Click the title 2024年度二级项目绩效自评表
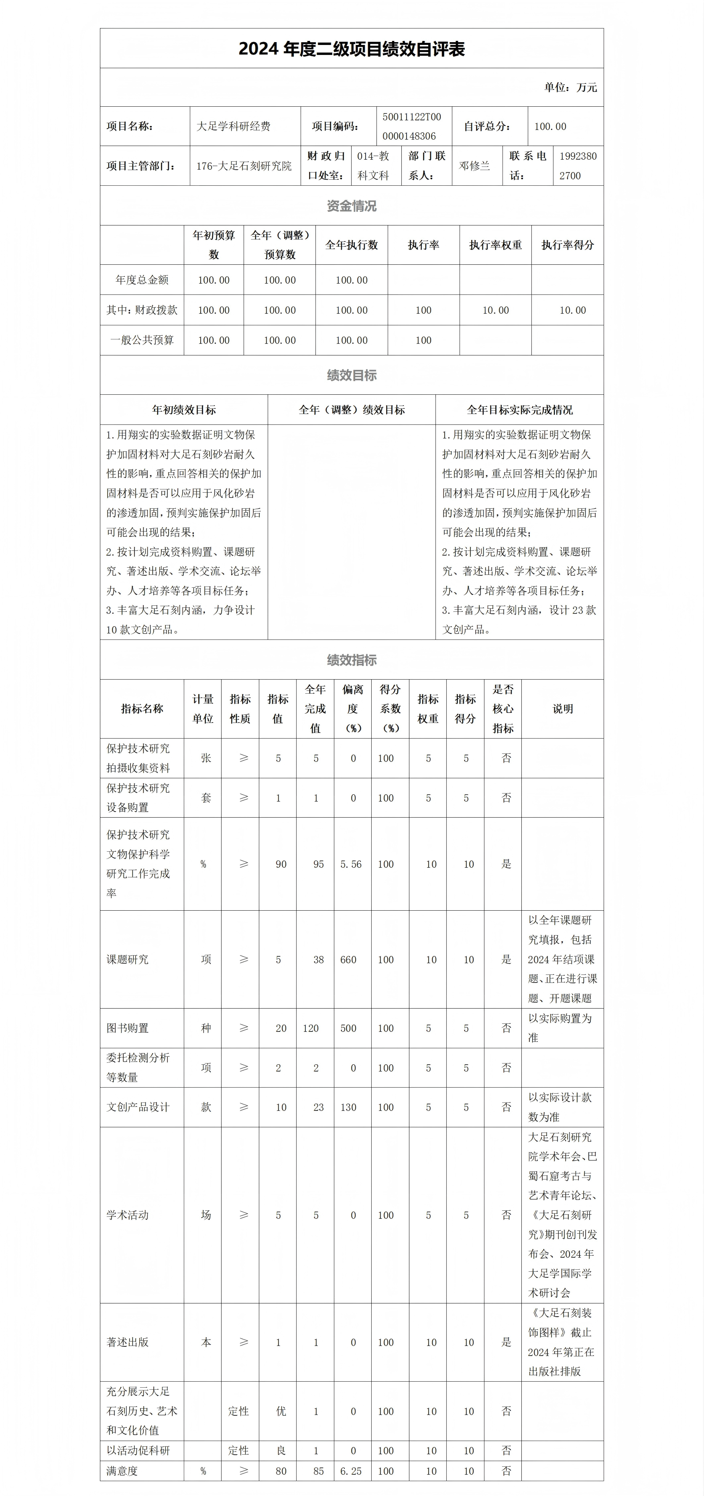[x=352, y=49]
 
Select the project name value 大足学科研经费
[x=234, y=126]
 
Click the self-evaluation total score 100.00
[x=550, y=126]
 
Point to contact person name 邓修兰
[x=474, y=166]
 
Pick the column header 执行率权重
[x=495, y=245]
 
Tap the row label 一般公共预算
[x=142, y=340]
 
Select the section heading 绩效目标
[x=352, y=375]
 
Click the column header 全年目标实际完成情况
[x=519, y=410]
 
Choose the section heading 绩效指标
[x=352, y=660]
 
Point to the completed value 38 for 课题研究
[x=318, y=959]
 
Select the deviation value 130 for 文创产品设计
[x=348, y=1107]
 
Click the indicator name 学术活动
[x=128, y=1215]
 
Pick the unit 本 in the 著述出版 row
[x=206, y=1342]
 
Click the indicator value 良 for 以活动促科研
[x=281, y=1451]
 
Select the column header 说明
[x=562, y=708]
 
